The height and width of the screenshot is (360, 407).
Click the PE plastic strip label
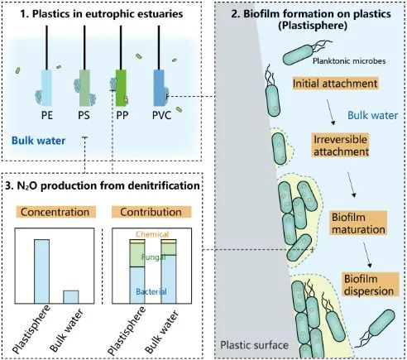point(47,115)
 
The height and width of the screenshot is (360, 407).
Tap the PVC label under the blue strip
point(162,115)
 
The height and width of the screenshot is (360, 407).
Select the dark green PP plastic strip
point(121,88)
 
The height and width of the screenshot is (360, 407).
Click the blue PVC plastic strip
point(159,88)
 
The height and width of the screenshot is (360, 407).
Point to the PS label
point(84,115)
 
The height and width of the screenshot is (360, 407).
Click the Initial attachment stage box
point(335,84)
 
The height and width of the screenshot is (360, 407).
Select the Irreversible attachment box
point(341,146)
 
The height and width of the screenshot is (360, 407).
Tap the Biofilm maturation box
point(358,223)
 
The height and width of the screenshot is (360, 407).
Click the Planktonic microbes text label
point(349,61)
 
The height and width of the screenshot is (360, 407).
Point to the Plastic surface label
point(254,345)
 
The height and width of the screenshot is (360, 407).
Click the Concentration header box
point(55,212)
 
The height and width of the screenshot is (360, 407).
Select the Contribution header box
point(151,212)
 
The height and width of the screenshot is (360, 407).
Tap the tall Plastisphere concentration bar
point(41,271)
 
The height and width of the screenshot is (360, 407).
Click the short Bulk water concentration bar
point(71,297)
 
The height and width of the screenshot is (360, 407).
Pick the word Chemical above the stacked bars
point(152,234)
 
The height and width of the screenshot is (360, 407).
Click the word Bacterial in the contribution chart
point(151,291)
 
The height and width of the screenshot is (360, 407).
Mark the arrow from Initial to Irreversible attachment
point(331,113)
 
